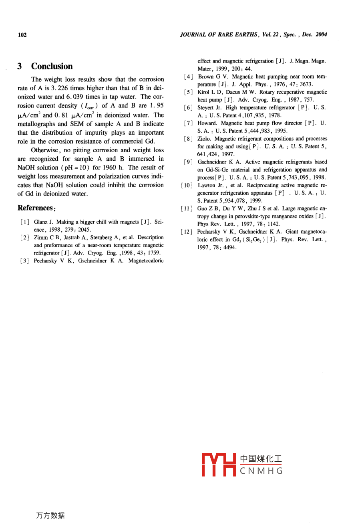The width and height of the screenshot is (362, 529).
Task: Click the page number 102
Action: click(x=22, y=35)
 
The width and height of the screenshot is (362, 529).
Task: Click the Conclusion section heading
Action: click(x=52, y=67)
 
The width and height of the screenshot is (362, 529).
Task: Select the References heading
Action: click(x=36, y=208)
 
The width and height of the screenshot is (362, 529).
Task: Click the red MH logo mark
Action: click(x=219, y=465)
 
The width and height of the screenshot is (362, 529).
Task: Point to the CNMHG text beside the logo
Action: click(x=261, y=471)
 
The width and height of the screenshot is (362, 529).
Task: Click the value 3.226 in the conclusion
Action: click(x=60, y=88)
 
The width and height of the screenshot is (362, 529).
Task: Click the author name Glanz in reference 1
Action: click(x=40, y=222)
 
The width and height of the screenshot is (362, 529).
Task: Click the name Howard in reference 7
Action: click(x=207, y=123)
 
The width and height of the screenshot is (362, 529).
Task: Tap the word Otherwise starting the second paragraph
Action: click(x=46, y=150)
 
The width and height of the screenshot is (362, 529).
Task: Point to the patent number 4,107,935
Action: click(x=252, y=115)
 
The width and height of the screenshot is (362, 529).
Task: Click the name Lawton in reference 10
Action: click(x=206, y=185)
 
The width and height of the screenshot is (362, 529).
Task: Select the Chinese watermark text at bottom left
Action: click(x=50, y=515)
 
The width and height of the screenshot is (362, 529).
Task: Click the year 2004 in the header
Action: click(x=321, y=34)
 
